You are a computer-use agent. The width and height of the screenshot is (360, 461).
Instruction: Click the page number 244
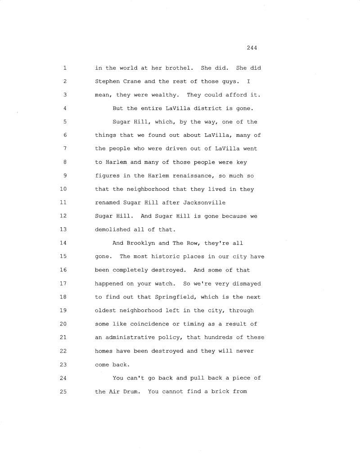pos(252,48)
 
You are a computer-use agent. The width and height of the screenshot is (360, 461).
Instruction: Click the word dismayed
pos(247,284)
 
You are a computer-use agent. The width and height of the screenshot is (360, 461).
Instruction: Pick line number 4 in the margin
pos(65,108)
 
